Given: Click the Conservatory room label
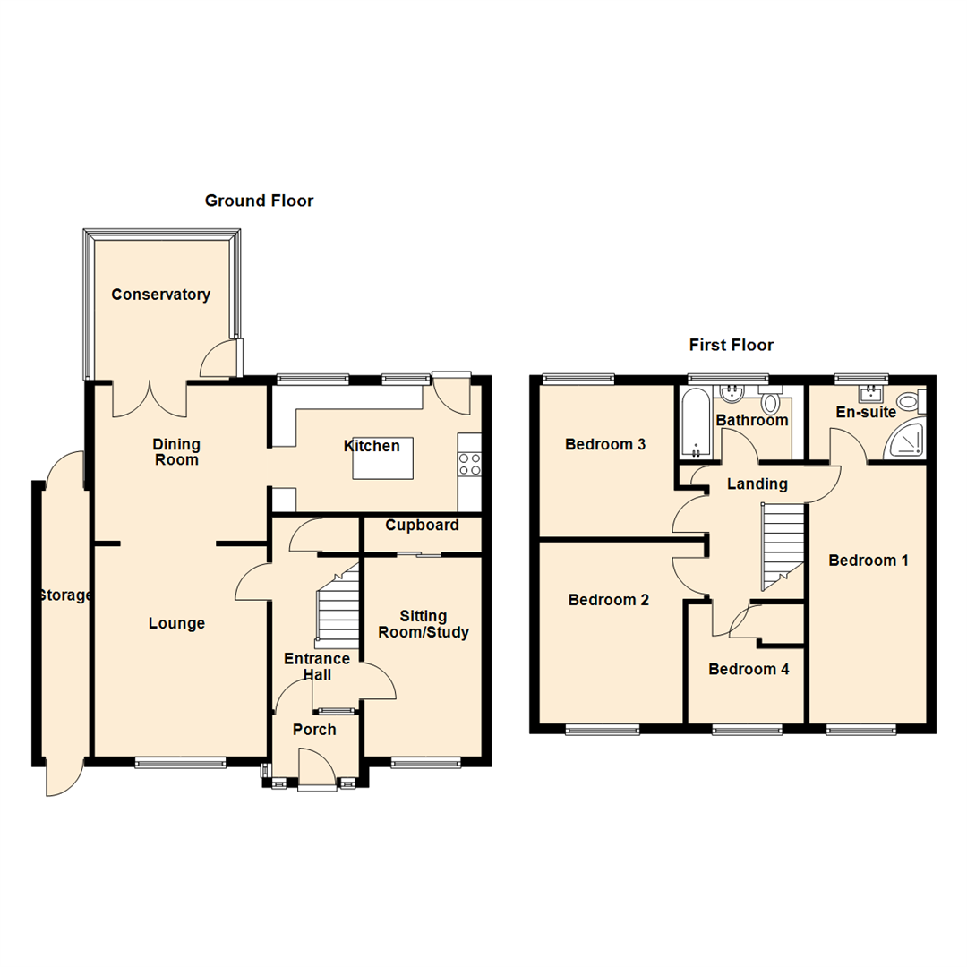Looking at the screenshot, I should click(x=160, y=295).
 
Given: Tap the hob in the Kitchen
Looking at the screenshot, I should click(x=469, y=463).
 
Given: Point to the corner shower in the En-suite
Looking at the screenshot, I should click(x=905, y=440).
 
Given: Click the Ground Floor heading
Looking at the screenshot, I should click(x=259, y=201).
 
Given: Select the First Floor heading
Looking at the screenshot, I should click(x=731, y=345).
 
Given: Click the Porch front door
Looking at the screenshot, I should click(x=316, y=772).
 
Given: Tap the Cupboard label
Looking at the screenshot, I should click(x=422, y=525).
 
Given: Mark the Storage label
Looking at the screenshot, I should click(x=64, y=595).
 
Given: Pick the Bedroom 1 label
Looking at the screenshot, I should click(x=868, y=561).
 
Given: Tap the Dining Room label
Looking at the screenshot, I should click(x=175, y=452).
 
